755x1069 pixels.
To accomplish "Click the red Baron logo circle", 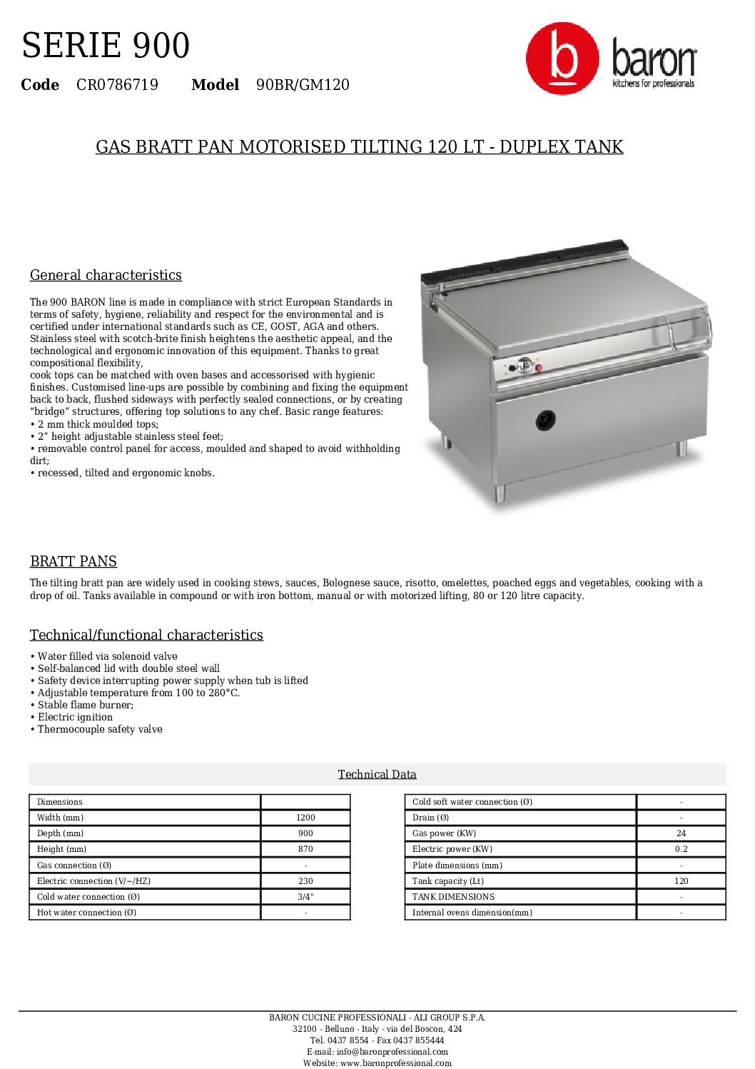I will point(562,59).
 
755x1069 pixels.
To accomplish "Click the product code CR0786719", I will point(117,85).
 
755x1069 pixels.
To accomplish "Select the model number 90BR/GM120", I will point(303,85).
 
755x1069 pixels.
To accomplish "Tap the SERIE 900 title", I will point(106,46).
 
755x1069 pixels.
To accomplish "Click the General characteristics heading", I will point(106,275).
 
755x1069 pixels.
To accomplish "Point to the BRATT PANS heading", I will point(74,561).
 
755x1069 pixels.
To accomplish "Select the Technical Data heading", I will point(377,774).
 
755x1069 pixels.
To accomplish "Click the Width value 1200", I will point(305,818).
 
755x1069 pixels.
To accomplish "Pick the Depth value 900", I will point(305,833).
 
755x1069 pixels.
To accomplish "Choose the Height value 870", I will point(305,849).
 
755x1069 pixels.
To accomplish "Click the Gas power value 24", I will point(681,833).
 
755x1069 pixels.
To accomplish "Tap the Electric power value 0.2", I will point(681,849).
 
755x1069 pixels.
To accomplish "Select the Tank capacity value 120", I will point(681,881).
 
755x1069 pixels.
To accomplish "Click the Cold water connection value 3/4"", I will point(305,897).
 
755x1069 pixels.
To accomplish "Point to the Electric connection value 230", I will point(305,881).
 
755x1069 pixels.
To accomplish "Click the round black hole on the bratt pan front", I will point(546,420).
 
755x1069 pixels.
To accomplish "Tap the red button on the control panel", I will point(539,368).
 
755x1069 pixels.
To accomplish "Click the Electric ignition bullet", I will point(75,717).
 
